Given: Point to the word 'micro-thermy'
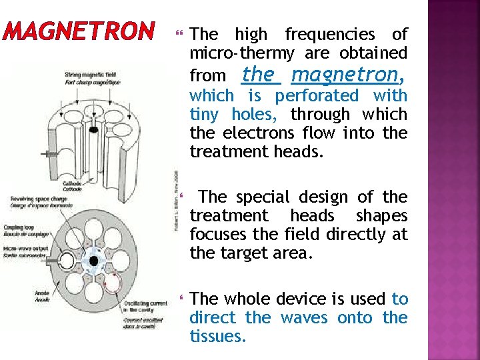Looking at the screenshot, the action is [x=243, y=53].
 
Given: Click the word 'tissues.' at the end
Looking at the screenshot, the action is [x=218, y=337].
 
